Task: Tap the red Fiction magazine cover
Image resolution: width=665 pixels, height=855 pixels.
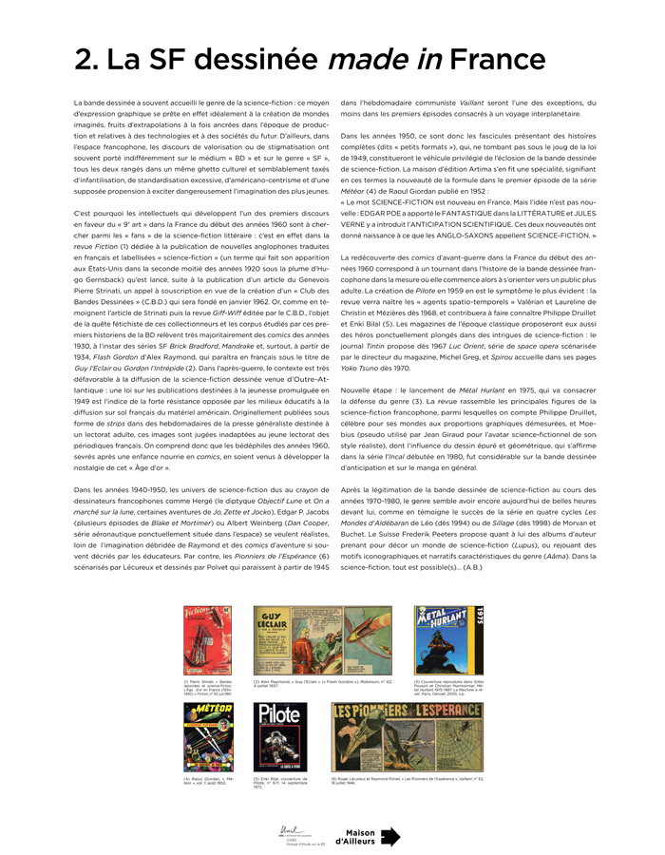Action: [x=206, y=640]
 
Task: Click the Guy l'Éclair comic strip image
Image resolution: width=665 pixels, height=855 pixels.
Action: [x=322, y=640]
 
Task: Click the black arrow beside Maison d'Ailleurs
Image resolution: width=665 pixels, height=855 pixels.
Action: [x=389, y=836]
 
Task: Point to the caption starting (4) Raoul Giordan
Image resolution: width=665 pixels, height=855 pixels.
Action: [x=207, y=781]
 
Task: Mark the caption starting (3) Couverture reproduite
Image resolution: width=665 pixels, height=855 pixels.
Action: [x=446, y=688]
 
